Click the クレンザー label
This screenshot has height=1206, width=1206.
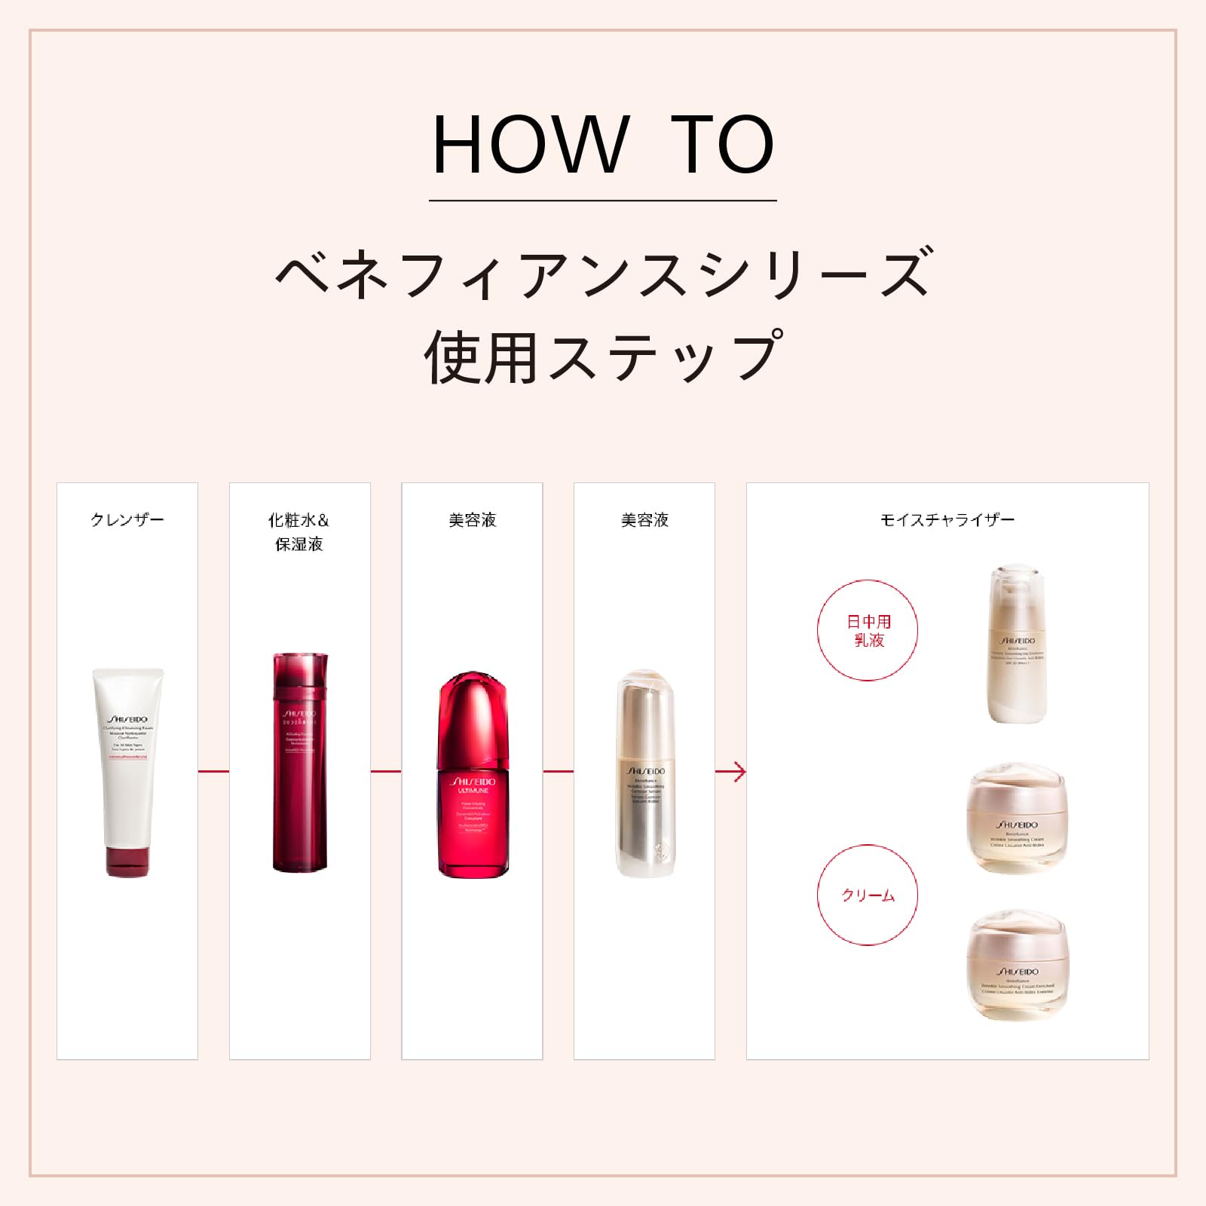click(127, 520)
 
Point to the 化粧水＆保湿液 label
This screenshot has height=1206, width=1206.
click(299, 532)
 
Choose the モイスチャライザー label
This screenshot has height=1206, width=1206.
click(947, 520)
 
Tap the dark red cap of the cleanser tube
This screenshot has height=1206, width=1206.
click(127, 862)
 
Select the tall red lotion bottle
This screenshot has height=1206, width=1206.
click(299, 761)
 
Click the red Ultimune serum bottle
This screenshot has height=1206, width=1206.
click(473, 776)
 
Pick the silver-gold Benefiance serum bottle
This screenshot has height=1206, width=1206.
click(645, 773)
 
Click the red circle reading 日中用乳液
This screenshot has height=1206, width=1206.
click(868, 630)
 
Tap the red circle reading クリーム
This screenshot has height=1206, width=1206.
click(868, 895)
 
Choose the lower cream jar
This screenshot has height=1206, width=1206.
click(1017, 966)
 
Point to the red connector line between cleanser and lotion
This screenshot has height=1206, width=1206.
click(213, 771)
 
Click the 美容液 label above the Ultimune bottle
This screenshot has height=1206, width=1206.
click(473, 520)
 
